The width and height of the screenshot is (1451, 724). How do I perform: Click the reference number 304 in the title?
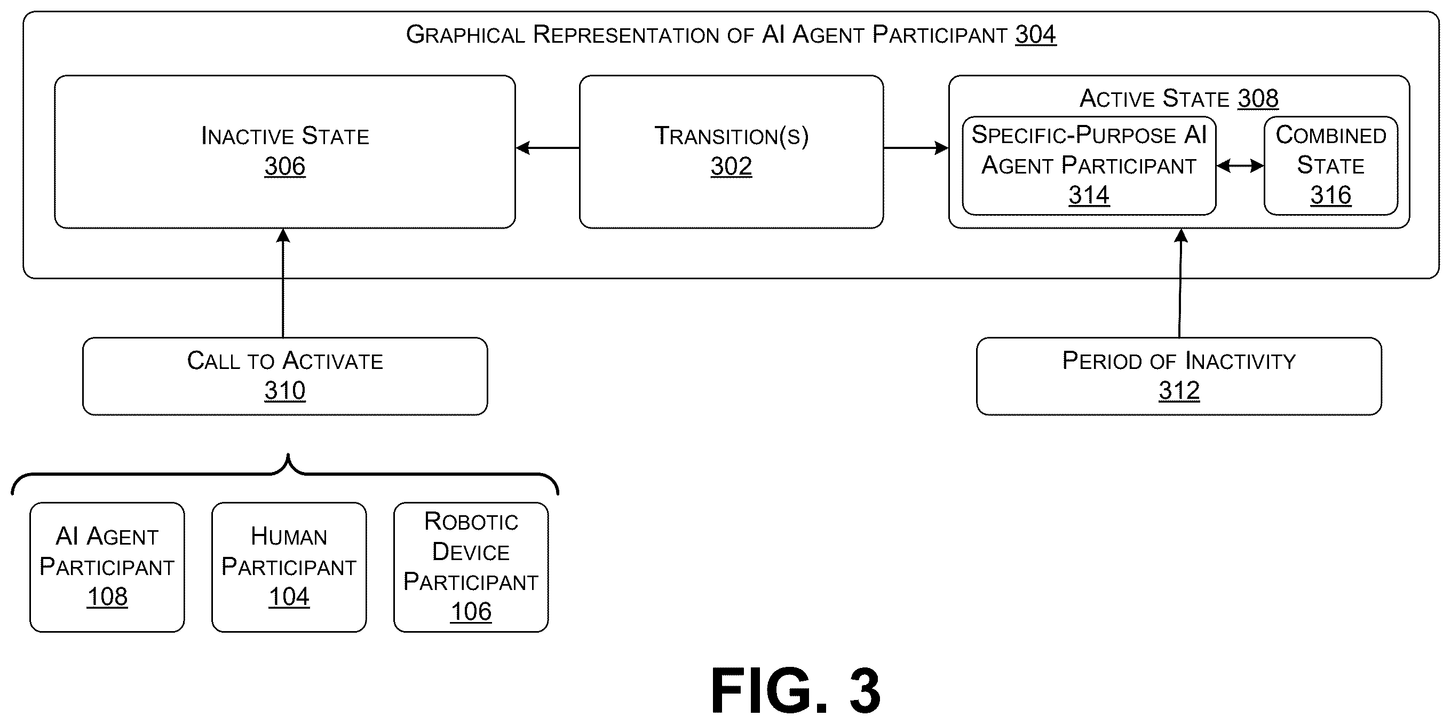click(x=1035, y=35)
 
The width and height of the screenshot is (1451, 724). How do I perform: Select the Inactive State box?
click(x=285, y=152)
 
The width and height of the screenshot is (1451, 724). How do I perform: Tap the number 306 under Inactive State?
click(x=285, y=166)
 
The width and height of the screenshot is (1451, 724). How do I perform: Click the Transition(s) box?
click(x=731, y=152)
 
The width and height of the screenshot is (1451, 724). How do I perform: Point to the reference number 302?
click(x=731, y=166)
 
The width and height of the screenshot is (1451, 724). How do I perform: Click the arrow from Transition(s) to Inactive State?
click(x=548, y=148)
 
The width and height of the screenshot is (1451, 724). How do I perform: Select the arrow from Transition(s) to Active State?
click(x=916, y=148)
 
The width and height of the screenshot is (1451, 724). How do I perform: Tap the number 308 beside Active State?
click(x=1258, y=99)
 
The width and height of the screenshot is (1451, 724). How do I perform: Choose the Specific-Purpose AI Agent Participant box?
click(x=1089, y=166)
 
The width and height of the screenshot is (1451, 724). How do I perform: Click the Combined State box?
click(x=1330, y=166)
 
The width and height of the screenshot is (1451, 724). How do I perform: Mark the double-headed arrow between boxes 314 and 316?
click(x=1240, y=166)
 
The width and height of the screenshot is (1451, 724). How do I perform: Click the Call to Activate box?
click(x=285, y=376)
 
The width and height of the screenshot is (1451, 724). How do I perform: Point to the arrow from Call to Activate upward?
click(x=283, y=283)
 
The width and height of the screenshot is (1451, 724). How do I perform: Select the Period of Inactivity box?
click(x=1179, y=376)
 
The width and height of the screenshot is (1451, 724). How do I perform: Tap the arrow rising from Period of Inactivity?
click(x=1180, y=283)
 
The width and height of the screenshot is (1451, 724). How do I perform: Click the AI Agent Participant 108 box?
click(x=107, y=568)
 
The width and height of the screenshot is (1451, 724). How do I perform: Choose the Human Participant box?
click(x=289, y=568)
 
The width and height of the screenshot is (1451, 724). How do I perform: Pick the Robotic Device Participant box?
click(x=471, y=568)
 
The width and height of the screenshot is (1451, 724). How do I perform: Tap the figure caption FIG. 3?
click(x=795, y=690)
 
